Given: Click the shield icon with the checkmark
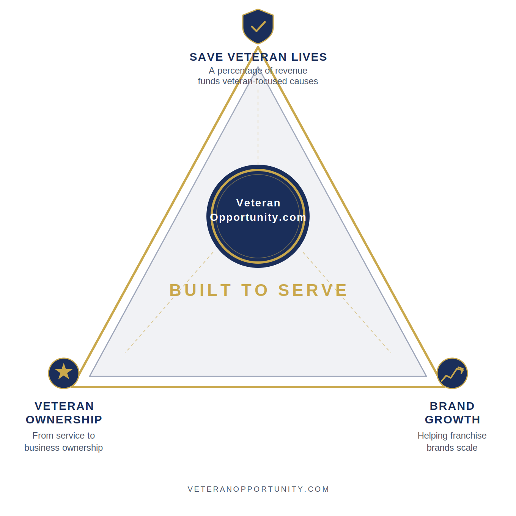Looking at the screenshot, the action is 258,26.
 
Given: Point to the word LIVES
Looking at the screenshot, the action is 309,57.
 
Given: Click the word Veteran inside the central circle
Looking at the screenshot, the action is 258,203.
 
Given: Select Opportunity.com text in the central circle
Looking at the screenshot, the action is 258,217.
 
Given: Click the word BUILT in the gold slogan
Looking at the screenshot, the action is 200,290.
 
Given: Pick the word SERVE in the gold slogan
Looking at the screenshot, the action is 313,290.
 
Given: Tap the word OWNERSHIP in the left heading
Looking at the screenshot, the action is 64,420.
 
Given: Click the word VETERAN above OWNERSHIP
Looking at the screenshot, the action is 64,406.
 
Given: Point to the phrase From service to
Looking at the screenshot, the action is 64,436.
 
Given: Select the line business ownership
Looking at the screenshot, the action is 64,448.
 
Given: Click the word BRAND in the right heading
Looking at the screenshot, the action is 452,406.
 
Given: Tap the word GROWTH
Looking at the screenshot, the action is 452,420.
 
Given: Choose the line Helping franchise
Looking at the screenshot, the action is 452,436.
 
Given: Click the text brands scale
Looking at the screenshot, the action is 452,448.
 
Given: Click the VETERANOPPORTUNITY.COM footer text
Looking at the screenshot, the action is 258,489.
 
